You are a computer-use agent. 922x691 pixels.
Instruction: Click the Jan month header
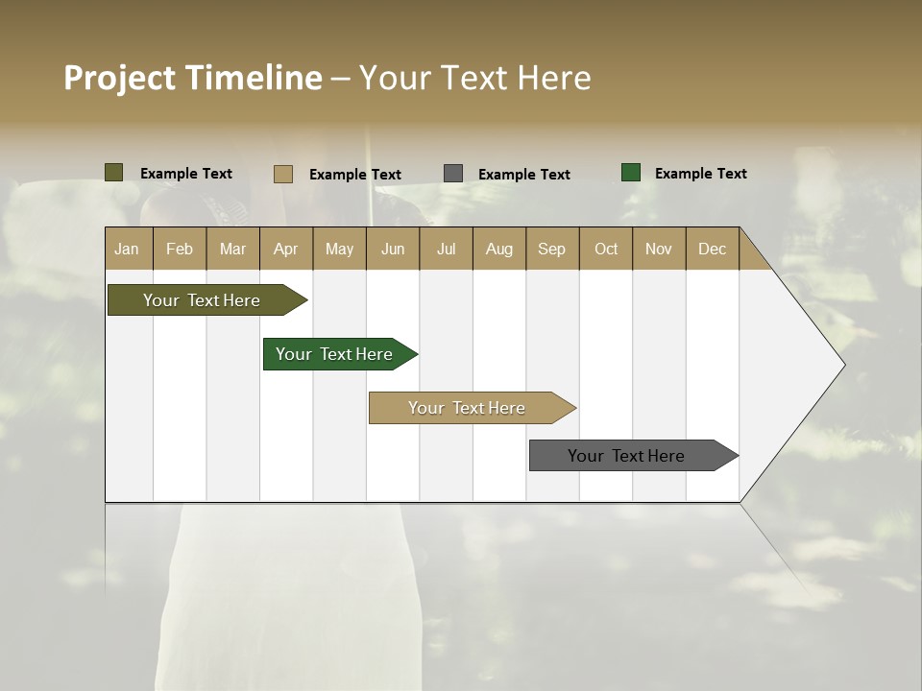[x=127, y=249]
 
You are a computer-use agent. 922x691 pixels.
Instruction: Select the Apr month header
[x=285, y=249]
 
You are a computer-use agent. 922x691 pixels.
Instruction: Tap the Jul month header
[x=446, y=249]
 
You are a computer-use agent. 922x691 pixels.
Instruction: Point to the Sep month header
[x=551, y=249]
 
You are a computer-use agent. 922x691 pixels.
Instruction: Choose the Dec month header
[x=712, y=249]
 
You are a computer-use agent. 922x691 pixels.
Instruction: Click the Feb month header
[x=180, y=249]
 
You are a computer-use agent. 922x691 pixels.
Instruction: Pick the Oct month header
[x=606, y=249]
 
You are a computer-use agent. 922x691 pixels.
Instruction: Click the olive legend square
[x=113, y=173]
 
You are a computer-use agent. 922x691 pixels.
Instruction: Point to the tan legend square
[x=282, y=174]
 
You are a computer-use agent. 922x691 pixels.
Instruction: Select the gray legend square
[x=453, y=174]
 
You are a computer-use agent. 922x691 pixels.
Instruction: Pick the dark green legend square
[x=630, y=173]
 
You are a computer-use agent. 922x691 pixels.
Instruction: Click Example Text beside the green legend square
[x=700, y=173]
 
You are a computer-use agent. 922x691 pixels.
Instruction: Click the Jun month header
[x=393, y=249]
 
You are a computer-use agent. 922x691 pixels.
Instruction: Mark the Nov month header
[x=659, y=249]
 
